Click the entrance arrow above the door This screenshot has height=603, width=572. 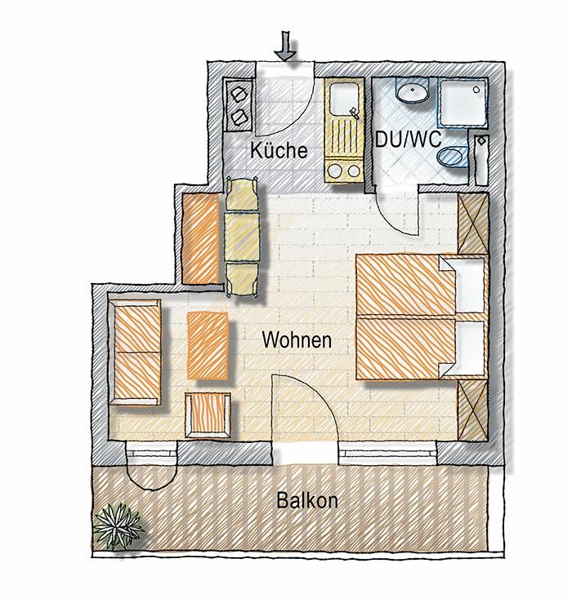(285, 47)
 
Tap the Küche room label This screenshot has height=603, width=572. (279, 150)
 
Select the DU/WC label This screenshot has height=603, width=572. (409, 140)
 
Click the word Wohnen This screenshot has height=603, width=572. (297, 340)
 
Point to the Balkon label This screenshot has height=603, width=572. (307, 500)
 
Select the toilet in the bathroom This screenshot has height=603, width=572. (453, 157)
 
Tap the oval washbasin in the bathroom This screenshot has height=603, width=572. (412, 91)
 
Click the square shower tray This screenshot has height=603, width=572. (463, 102)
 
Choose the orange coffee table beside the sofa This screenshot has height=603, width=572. (208, 345)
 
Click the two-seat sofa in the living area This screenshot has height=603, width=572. (135, 352)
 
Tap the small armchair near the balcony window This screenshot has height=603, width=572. (208, 415)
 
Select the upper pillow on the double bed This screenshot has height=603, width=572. (464, 285)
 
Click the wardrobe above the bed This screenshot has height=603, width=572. (473, 224)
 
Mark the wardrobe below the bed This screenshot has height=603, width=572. (473, 410)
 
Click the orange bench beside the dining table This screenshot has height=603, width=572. (200, 239)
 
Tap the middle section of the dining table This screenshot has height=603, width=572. (242, 237)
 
